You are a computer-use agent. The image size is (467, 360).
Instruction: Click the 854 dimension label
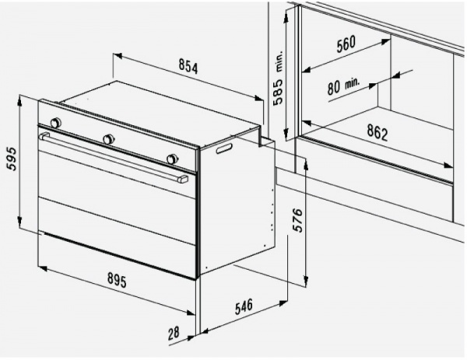point(188,66)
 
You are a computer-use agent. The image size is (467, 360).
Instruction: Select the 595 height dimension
point(12,159)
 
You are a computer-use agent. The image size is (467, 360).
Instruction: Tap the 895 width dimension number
point(117,280)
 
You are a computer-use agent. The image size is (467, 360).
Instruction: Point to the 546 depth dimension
point(244,306)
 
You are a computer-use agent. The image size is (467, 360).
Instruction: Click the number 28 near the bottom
point(174,334)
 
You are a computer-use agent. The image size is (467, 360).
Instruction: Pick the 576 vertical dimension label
point(297,220)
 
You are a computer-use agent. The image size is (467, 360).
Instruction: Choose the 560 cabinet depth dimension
point(346,44)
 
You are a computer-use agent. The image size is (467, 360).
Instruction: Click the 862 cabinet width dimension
point(377,132)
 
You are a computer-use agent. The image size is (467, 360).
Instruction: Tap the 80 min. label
point(343,86)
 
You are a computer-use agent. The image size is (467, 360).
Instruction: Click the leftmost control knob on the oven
point(55,122)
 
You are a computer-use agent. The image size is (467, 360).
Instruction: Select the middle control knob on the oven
point(108,139)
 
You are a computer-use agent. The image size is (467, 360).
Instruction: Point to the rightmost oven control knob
point(172,159)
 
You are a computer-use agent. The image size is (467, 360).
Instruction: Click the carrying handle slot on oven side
point(225,149)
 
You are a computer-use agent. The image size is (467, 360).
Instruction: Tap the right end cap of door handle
point(183,179)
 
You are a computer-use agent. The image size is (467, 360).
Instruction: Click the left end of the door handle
point(44,136)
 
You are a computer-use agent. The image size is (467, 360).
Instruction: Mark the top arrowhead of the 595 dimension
point(19,100)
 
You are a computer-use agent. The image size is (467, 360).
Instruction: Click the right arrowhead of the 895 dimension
point(191,313)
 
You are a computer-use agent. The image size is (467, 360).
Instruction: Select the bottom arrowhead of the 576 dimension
point(306,281)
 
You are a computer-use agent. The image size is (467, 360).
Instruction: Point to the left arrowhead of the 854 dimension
point(118,56)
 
